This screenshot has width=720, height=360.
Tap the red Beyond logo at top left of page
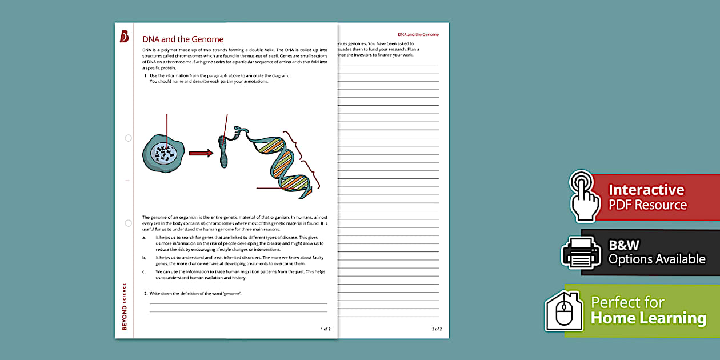tap(124, 37)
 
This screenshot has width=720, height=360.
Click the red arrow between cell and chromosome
tap(201, 153)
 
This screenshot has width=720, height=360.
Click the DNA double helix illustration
tap(280, 163)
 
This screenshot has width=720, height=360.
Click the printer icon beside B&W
tap(581, 252)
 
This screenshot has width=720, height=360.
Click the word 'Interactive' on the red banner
tap(646, 190)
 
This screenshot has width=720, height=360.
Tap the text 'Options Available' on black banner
tap(657, 259)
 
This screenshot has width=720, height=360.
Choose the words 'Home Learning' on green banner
tap(648, 318)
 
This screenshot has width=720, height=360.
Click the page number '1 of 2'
tap(325, 329)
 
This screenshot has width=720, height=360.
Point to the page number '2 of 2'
tap(437, 329)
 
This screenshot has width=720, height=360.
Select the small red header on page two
tap(418, 35)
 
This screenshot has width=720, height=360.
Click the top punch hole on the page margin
tap(128, 138)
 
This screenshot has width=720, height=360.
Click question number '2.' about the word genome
tap(146, 293)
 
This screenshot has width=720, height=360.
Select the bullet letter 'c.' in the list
tap(144, 271)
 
